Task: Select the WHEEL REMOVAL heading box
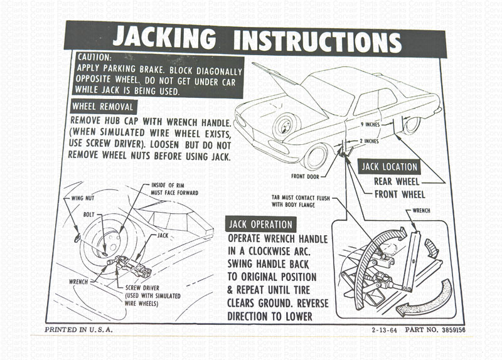102,106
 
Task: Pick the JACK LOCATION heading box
389,167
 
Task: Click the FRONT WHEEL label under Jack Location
399,194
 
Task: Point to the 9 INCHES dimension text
371,124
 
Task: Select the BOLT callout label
88,214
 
